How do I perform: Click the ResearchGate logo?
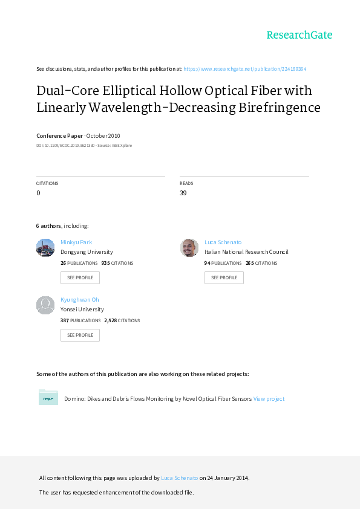[x=299, y=35]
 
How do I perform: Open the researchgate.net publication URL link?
[x=244, y=69]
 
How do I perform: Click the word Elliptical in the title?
[x=129, y=91]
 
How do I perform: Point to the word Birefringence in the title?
[x=280, y=108]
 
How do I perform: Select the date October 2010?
[x=103, y=135]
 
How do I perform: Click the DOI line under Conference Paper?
[x=84, y=146]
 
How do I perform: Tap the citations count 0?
[x=38, y=193]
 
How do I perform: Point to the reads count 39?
[x=183, y=193]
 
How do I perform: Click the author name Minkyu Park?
[x=76, y=242]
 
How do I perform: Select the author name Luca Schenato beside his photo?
[x=223, y=242]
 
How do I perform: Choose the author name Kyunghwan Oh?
[x=80, y=300]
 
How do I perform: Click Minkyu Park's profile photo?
[x=45, y=248]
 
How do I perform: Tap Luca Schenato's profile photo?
[x=189, y=248]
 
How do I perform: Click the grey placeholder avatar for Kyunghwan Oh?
[x=45, y=305]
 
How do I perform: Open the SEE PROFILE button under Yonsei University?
[x=80, y=335]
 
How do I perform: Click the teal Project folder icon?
[x=48, y=397]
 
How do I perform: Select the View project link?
[x=269, y=398]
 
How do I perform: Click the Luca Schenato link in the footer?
[x=179, y=478]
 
